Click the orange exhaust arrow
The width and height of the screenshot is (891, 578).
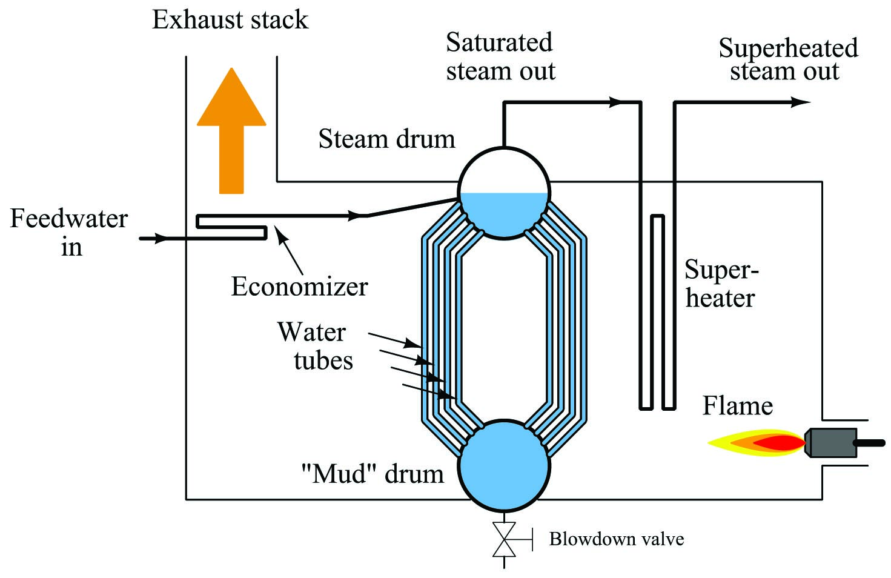pos(231,131)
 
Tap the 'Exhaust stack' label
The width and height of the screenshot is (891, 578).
pos(230,19)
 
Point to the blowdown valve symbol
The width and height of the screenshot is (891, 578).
pos(505,539)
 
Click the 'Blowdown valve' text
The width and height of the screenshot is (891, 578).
pos(617,539)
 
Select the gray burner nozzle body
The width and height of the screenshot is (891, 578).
pos(831,443)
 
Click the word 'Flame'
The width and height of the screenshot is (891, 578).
pos(738,406)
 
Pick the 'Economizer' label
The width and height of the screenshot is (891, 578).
pos(299,287)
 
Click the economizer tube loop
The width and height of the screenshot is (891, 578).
pos(232,227)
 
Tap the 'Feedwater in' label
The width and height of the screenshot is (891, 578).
pos(69,232)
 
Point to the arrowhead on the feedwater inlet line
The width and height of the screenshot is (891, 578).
pos(162,239)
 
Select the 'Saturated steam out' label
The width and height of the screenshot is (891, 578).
pos(500,56)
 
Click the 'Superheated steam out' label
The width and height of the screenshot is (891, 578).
pos(788,59)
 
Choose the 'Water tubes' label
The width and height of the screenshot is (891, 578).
pos(315,346)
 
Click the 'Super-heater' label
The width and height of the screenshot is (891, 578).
pos(721,284)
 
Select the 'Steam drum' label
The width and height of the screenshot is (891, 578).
pos(386,139)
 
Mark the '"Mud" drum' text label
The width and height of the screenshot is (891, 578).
pos(373,474)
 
